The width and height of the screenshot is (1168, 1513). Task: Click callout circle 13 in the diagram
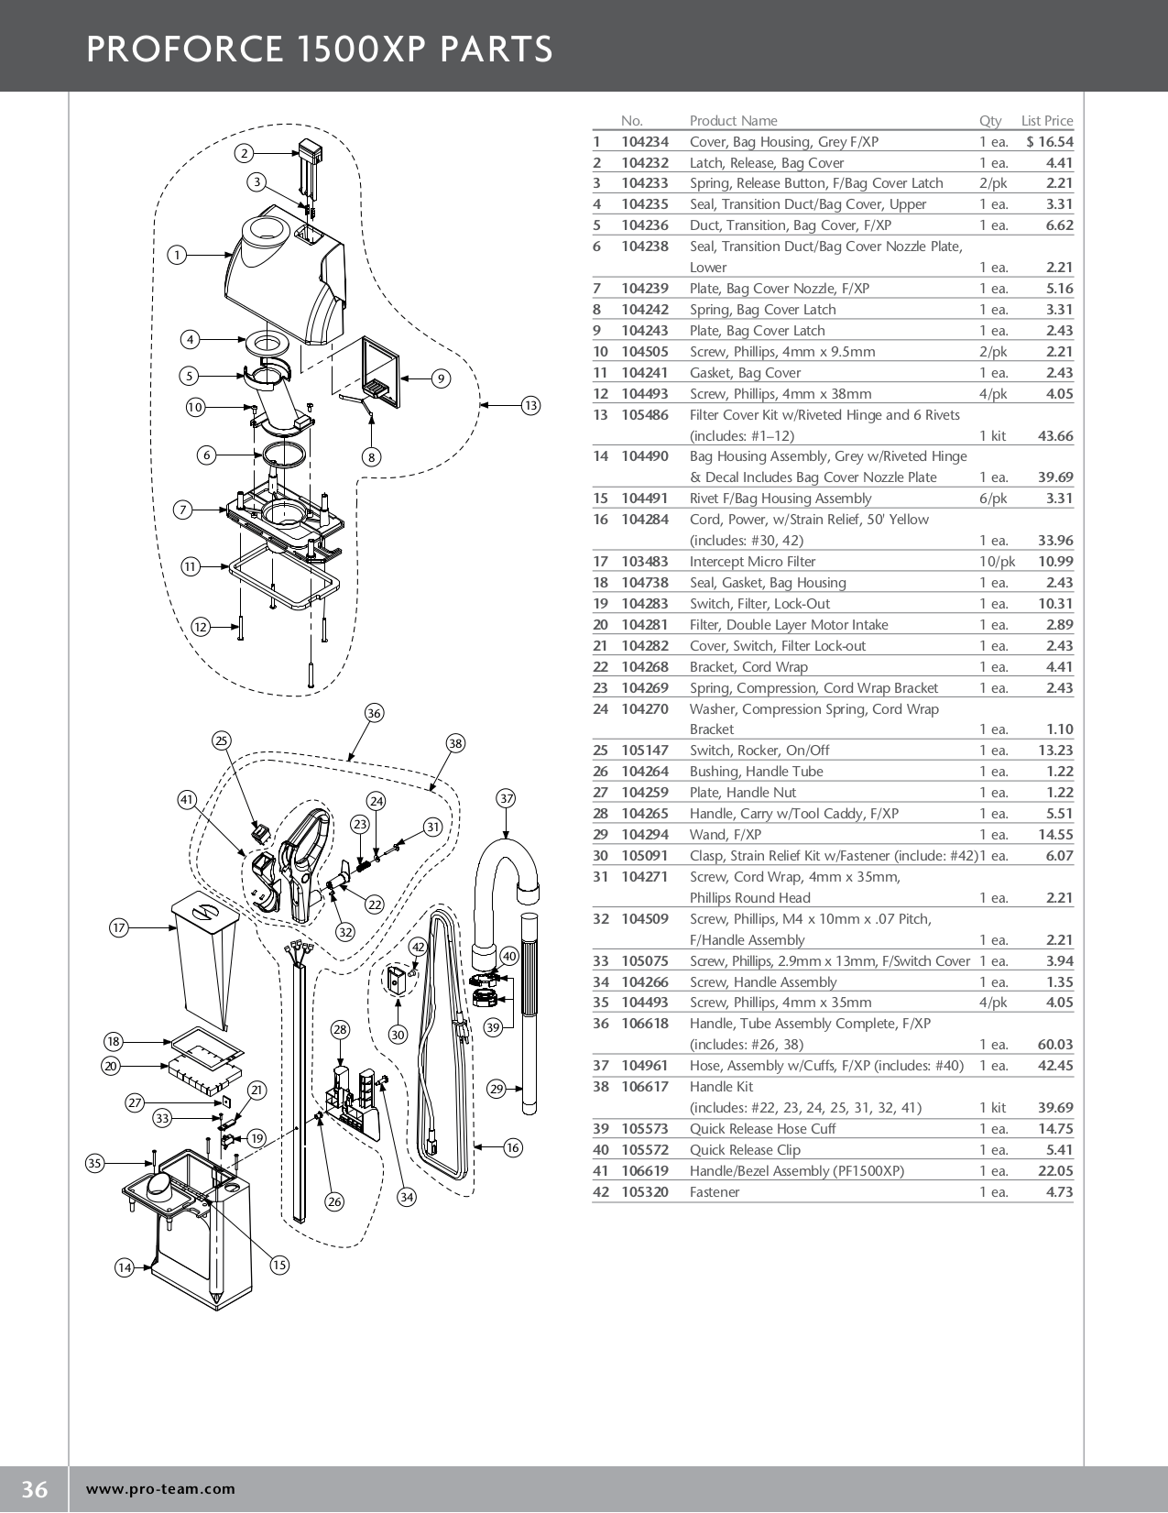coord(530,405)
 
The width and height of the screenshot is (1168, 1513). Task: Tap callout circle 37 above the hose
coord(507,798)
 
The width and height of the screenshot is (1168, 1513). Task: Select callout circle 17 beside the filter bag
coord(118,927)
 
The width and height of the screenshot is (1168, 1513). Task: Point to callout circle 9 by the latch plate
coord(441,378)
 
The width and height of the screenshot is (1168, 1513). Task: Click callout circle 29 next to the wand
coord(497,1089)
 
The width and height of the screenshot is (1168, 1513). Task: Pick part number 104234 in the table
coord(645,142)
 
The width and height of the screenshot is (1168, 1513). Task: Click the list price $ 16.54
coord(1050,142)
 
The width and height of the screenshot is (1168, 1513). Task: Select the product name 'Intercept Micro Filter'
coord(752,562)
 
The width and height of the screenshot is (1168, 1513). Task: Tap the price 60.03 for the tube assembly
coord(1055,1045)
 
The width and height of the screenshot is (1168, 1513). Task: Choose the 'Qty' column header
coord(990,121)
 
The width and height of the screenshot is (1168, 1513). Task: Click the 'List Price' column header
coord(1047,121)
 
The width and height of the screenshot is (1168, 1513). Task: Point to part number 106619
coord(645,1171)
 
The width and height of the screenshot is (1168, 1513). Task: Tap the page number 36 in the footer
coord(34,1489)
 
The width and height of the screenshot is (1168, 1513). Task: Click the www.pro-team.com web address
coord(160,1489)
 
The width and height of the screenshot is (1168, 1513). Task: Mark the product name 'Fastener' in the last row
coord(715,1192)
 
